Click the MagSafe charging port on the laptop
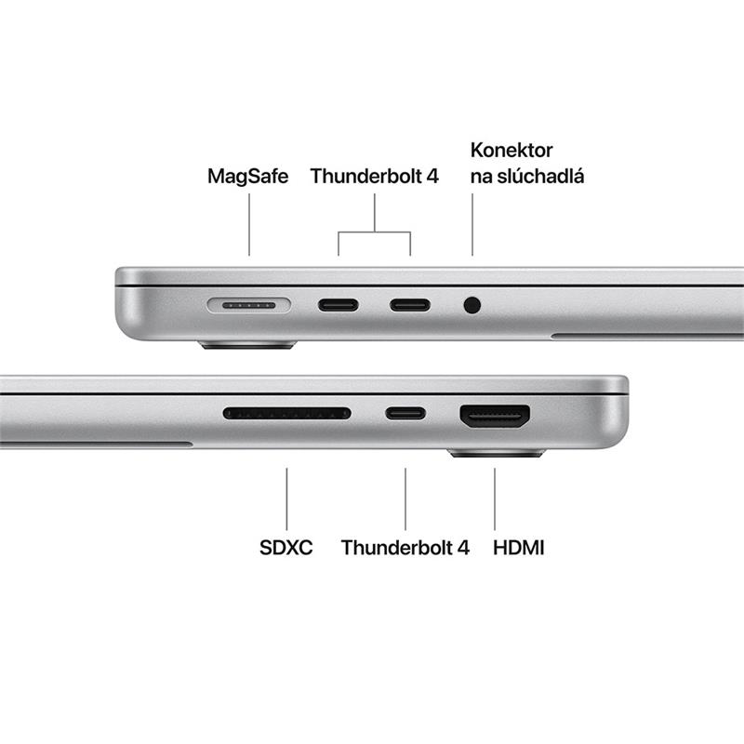pos(249,305)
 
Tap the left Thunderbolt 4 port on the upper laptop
pos(338,305)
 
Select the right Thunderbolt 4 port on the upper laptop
pos(410,305)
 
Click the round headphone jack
pos(472,304)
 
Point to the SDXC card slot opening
pos(286,413)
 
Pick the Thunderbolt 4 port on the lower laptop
pos(405,413)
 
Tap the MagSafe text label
pos(248,176)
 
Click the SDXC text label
pos(286,548)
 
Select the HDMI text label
pos(519,548)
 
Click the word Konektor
pos(511,151)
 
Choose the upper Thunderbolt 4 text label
pos(374,176)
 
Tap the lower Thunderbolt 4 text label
pos(405,548)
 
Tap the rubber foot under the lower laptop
pos(496,454)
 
